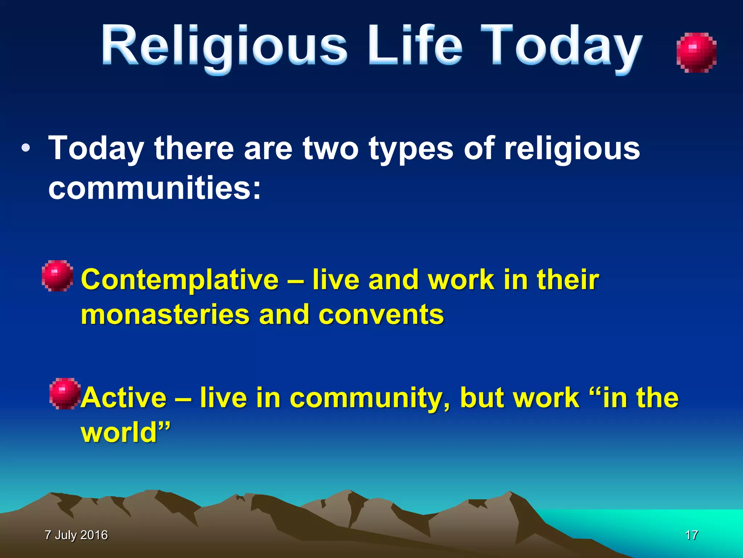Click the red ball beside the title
[x=696, y=53]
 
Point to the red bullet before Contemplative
[x=57, y=276]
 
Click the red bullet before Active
[x=65, y=393]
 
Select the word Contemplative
[x=180, y=280]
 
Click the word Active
[x=123, y=398]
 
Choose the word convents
[x=381, y=315]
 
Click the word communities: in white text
[x=155, y=188]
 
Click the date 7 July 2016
[x=76, y=535]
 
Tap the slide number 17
[x=691, y=535]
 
